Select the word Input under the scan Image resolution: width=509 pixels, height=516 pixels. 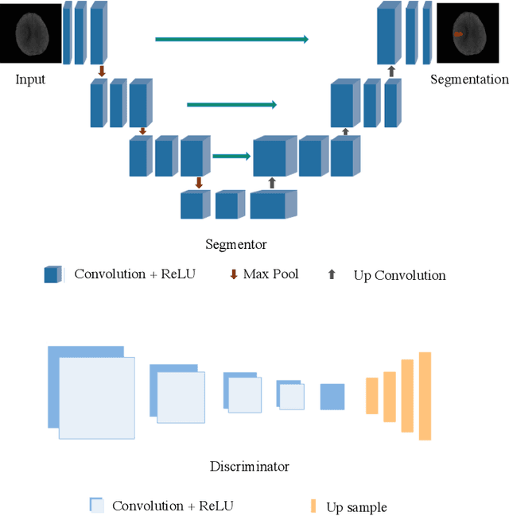point(30,80)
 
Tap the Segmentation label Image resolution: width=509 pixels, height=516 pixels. point(469,80)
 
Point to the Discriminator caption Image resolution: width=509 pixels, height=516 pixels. point(250,466)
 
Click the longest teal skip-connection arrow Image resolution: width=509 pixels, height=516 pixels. point(231,38)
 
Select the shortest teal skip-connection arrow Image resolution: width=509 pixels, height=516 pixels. point(231,157)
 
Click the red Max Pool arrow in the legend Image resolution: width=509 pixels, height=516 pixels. point(233,274)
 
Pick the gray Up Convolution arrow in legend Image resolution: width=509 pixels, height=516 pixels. point(332,274)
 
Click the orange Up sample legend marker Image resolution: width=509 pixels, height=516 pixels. point(313,506)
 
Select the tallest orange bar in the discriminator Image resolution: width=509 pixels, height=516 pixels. point(425,396)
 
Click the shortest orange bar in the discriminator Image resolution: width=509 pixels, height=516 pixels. point(371,396)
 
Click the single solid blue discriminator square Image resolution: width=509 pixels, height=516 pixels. point(332,397)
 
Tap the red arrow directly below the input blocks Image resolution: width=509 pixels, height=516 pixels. point(101,72)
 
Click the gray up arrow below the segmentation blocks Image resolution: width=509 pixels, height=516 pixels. point(390,72)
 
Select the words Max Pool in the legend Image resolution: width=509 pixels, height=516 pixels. point(270,274)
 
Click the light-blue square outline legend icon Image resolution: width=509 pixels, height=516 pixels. point(96,504)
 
